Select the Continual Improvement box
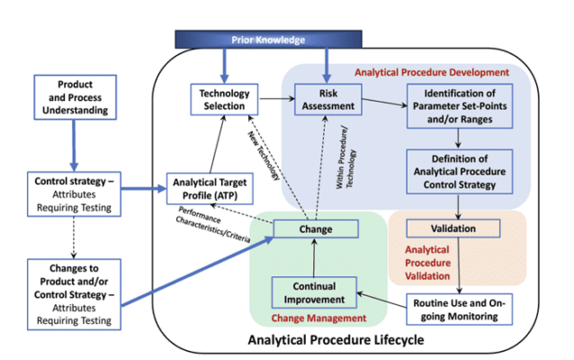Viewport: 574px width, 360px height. (308, 292)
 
